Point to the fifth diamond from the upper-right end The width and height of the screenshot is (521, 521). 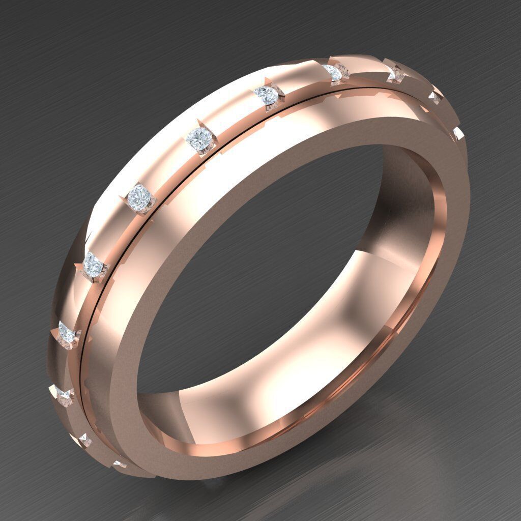266,94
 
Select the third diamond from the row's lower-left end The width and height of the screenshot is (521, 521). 62,394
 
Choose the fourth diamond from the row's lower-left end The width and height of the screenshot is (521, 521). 67,333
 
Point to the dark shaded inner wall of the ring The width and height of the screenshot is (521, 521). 402,204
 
